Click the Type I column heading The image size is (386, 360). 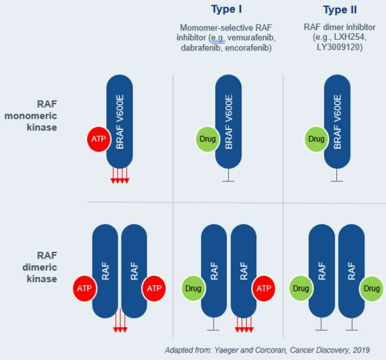(226, 9)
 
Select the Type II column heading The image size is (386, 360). (340, 10)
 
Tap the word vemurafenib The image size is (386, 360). (251, 37)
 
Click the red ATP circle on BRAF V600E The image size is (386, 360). (99, 139)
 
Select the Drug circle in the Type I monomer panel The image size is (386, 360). (207, 139)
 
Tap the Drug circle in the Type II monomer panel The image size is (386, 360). (316, 139)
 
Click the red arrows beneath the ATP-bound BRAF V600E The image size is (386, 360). (119, 176)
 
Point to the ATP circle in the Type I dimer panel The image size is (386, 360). (264, 288)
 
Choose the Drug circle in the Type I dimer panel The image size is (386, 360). (193, 288)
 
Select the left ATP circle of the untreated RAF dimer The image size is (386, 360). (84, 288)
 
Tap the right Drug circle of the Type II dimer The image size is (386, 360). (371, 288)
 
